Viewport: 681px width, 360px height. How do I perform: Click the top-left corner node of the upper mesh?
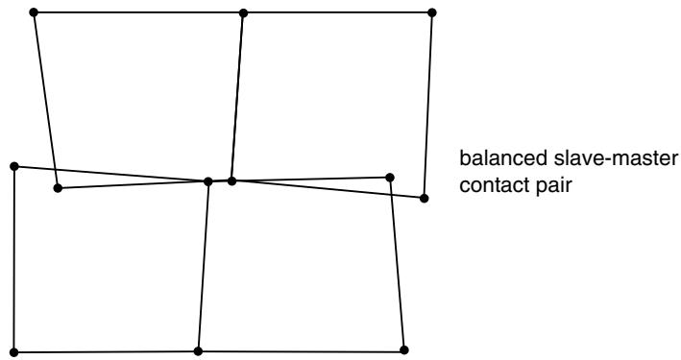point(34,12)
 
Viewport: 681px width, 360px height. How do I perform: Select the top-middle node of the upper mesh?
point(243,13)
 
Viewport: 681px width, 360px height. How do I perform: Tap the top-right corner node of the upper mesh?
point(431,12)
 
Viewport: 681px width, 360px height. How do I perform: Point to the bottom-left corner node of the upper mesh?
point(58,188)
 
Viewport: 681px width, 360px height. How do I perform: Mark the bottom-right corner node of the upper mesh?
point(425,199)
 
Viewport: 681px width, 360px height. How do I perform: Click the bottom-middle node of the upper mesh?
point(231,180)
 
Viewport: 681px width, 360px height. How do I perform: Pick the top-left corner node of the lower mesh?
point(13,166)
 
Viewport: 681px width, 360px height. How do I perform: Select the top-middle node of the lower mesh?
point(208,181)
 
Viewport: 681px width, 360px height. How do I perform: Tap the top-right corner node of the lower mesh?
point(390,178)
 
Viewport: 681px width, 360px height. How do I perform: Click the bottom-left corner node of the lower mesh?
point(13,352)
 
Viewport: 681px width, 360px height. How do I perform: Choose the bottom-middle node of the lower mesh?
point(198,351)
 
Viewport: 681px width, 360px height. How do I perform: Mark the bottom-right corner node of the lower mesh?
point(404,350)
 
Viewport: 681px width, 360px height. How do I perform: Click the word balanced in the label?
point(503,158)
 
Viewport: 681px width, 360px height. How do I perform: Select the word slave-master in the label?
point(616,158)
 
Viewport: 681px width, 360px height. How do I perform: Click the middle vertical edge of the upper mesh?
point(237,97)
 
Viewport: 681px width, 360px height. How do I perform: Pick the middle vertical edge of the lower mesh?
point(204,266)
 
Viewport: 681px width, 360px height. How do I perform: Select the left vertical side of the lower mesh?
point(13,259)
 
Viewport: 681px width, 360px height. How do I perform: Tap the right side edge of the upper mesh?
point(427,106)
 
